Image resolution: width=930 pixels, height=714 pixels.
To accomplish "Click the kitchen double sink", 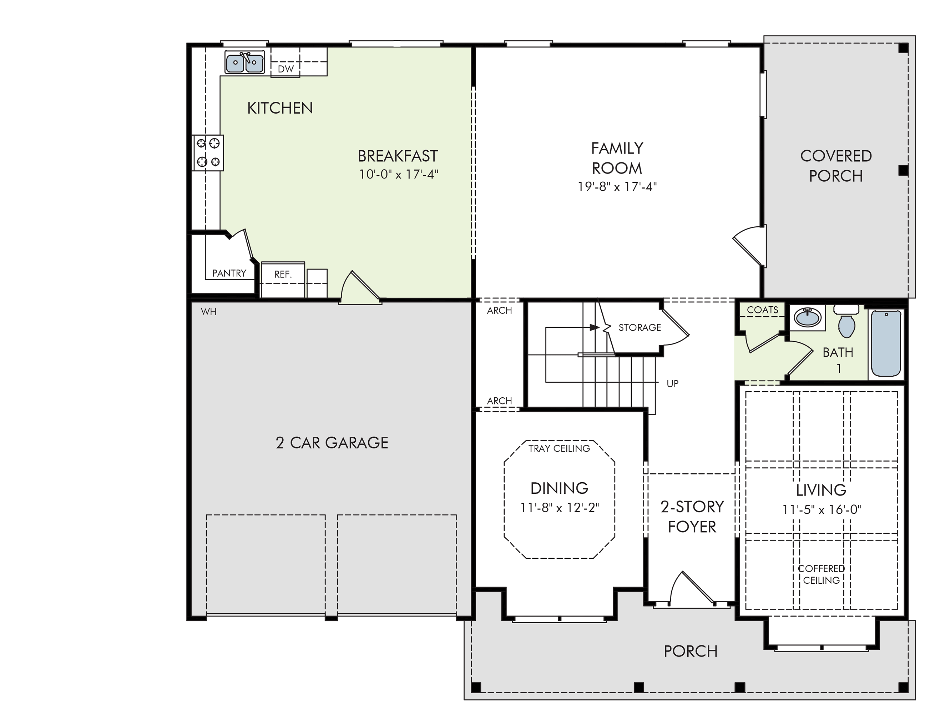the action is pyautogui.click(x=244, y=62).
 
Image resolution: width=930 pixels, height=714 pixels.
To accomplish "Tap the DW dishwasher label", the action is pyautogui.click(x=285, y=69).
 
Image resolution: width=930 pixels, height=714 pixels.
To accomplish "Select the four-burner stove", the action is pyautogui.click(x=208, y=153).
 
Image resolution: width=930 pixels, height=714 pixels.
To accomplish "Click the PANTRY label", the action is pyautogui.click(x=229, y=273).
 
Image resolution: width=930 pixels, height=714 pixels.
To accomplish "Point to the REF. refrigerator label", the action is pyautogui.click(x=283, y=275).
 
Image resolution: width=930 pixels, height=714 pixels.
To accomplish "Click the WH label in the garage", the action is pyautogui.click(x=209, y=312).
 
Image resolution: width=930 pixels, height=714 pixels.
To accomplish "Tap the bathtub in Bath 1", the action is pyautogui.click(x=886, y=344).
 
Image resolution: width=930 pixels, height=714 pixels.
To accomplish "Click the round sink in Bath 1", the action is pyautogui.click(x=808, y=317).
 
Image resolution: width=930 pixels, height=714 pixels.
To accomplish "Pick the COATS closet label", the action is pyautogui.click(x=763, y=310).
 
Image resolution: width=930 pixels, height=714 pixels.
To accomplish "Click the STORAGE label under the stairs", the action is pyautogui.click(x=640, y=328).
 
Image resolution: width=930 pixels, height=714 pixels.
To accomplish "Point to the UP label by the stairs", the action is pyautogui.click(x=673, y=384).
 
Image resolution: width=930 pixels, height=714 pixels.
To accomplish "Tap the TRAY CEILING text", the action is pyautogui.click(x=559, y=448).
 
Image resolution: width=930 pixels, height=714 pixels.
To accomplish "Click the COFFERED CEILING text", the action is pyautogui.click(x=821, y=574).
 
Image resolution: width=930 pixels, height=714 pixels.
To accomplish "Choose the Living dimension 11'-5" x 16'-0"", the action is pyautogui.click(x=822, y=509).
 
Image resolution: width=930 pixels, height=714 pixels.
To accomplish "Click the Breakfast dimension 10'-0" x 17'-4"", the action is pyautogui.click(x=399, y=174).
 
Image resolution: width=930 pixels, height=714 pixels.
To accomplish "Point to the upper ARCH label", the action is pyautogui.click(x=500, y=311).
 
